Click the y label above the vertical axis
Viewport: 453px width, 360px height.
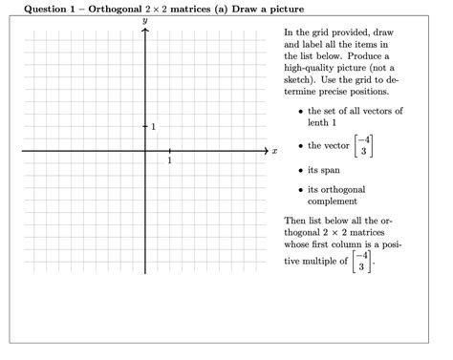(145, 19)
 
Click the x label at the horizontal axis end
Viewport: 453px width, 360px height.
(274, 151)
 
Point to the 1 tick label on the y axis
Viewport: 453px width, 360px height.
(153, 127)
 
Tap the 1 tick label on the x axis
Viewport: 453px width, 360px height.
(169, 160)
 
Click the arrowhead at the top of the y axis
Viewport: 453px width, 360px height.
(145, 30)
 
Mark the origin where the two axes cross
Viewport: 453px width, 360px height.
(145, 151)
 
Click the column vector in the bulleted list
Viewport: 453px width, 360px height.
(360, 146)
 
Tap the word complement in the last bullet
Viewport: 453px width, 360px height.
(333, 201)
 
